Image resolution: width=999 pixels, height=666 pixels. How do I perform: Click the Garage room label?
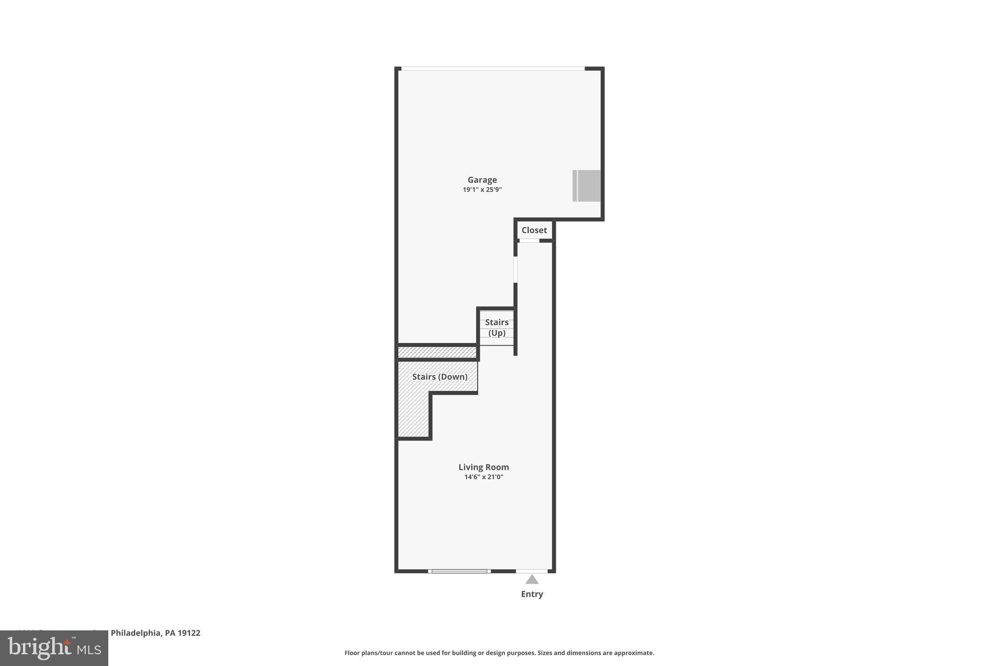[482, 180]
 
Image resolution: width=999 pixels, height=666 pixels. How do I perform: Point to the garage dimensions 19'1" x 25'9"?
[482, 190]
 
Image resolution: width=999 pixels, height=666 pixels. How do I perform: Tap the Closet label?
[534, 230]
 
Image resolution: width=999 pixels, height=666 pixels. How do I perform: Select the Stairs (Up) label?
[497, 327]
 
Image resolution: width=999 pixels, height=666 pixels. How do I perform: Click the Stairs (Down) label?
[440, 377]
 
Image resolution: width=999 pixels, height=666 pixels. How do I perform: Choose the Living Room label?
[483, 467]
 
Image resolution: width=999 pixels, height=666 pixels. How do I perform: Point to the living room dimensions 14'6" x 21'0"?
[483, 477]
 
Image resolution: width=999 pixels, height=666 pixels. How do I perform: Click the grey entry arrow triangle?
[532, 580]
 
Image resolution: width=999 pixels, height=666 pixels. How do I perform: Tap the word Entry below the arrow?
[532, 594]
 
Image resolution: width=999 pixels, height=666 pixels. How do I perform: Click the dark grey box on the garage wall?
[587, 185]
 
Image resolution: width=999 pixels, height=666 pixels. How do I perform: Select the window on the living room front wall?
[460, 571]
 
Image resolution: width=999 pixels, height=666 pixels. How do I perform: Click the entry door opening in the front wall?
[532, 571]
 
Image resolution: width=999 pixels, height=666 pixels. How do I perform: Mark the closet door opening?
[529, 241]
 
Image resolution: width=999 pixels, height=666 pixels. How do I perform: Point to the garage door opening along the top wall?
[493, 68]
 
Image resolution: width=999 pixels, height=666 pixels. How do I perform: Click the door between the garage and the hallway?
[516, 270]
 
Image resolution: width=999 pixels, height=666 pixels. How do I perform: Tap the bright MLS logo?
[54, 648]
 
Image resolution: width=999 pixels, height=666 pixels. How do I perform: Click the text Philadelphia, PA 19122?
[155, 633]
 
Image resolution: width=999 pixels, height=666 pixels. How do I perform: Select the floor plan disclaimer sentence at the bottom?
[499, 653]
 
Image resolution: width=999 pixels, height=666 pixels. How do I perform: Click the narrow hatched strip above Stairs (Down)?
[437, 352]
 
